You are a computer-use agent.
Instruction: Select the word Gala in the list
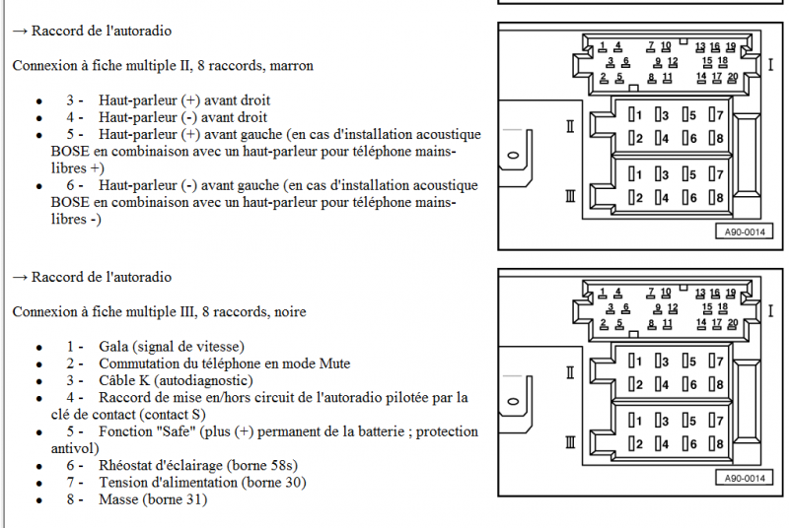(113, 347)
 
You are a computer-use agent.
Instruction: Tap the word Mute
(334, 363)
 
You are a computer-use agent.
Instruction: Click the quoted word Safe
(176, 431)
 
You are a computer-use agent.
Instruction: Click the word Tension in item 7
(122, 483)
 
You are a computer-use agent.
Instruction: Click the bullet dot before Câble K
(39, 382)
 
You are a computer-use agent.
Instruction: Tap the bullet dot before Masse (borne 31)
(39, 500)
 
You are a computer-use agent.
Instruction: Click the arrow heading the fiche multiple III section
(20, 278)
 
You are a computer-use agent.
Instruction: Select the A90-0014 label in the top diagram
(745, 232)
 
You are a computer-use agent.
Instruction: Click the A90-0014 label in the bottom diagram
(745, 479)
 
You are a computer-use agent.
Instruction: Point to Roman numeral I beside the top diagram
(770, 65)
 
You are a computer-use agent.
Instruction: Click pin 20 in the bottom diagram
(733, 323)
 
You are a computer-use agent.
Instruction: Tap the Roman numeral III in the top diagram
(570, 196)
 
